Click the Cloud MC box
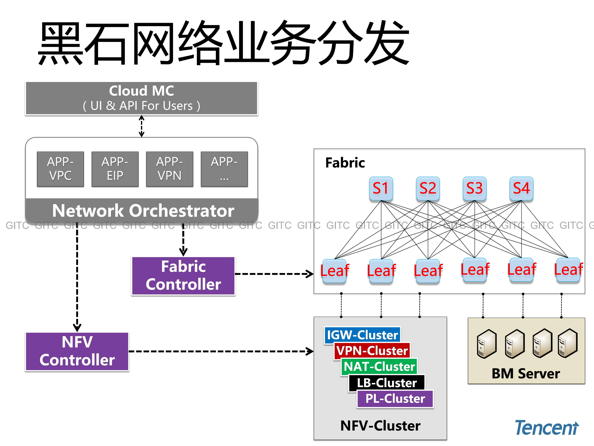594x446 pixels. pos(142,98)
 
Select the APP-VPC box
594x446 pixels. pos(60,169)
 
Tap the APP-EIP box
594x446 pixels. pos(115,169)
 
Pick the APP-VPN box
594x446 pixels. pos(169,169)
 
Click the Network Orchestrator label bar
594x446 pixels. pos(142,211)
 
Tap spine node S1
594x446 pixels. pos(381,188)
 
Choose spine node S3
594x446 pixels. pos(475,188)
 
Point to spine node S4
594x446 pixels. pos(521,188)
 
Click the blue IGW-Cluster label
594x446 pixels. pos(362,335)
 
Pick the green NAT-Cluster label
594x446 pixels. pos(379,366)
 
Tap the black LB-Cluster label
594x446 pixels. pos(387,382)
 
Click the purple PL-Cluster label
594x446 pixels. pos(395,398)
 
